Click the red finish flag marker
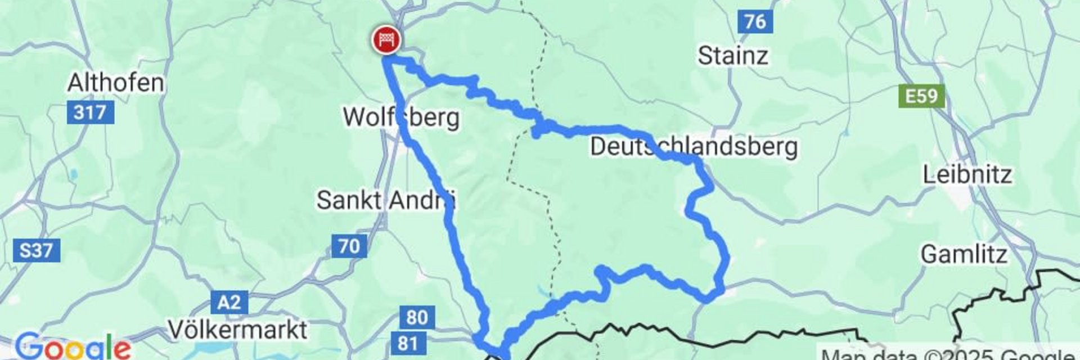pos(386,40)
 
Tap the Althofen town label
pos(115,83)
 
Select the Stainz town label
pos(732,56)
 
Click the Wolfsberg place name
pos(401,118)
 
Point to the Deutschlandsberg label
pos(694,147)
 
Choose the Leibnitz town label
pos(967,175)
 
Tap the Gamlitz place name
pos(964,255)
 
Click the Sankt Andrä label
pos(386,200)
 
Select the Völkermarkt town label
pos(238,330)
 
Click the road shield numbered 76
pos(754,21)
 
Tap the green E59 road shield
pos(921,96)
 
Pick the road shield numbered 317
pos(90,112)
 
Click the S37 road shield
pos(36,249)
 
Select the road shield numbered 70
pos(349,246)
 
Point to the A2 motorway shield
pos(229,303)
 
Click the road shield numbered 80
pos(416,317)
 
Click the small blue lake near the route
pos(542,291)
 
